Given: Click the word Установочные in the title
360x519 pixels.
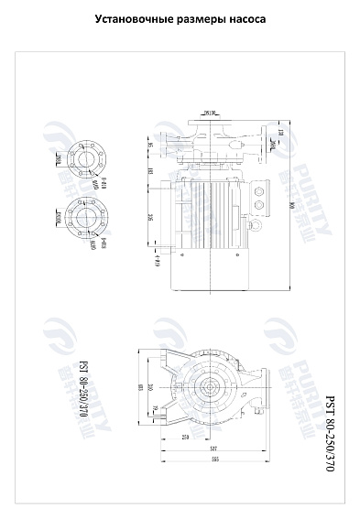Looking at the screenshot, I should (x=137, y=18).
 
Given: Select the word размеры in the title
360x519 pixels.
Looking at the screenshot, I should (x=200, y=18).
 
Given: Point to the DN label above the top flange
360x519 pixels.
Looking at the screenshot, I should (x=210, y=114).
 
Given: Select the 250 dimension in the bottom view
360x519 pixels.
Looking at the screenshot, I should (x=185, y=438).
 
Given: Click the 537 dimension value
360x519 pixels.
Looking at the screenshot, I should (x=213, y=449).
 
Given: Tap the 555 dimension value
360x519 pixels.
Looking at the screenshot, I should (x=216, y=460).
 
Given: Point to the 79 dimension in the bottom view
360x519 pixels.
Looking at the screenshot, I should (x=155, y=408).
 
